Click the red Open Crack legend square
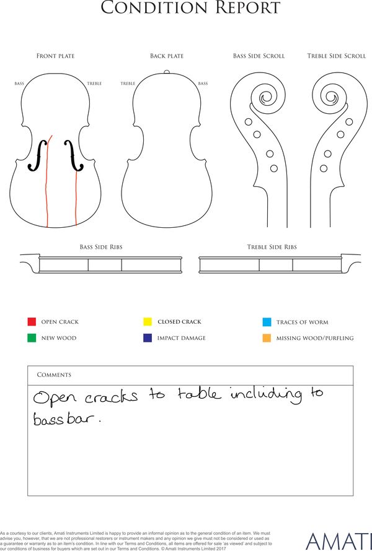[32, 321]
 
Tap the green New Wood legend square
[32, 337]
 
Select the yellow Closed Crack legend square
[148, 321]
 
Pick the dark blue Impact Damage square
[148, 337]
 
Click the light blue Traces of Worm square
[267, 322]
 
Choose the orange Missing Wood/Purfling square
[267, 338]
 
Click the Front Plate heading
[56, 56]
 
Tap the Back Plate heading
[167, 56]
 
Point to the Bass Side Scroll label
[259, 56]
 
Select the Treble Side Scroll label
[337, 56]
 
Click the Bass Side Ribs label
[101, 247]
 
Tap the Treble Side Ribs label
[272, 247]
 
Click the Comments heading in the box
[54, 375]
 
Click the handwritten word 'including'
[266, 395]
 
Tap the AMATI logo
[339, 542]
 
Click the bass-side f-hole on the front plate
[38, 155]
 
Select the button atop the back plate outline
[167, 72]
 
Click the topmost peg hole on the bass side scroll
[248, 122]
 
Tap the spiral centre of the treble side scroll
[331, 97]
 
